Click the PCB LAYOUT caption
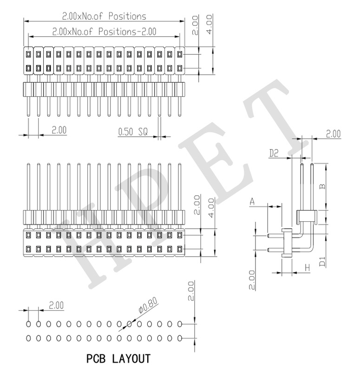(118, 359)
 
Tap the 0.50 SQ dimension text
(133, 132)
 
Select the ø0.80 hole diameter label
(148, 305)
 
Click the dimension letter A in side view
(252, 201)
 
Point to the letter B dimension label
(322, 186)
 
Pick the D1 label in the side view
(322, 261)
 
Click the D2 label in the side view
(274, 153)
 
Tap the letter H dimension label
(308, 268)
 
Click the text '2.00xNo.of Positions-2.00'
(105, 32)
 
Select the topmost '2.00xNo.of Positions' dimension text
(104, 16)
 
